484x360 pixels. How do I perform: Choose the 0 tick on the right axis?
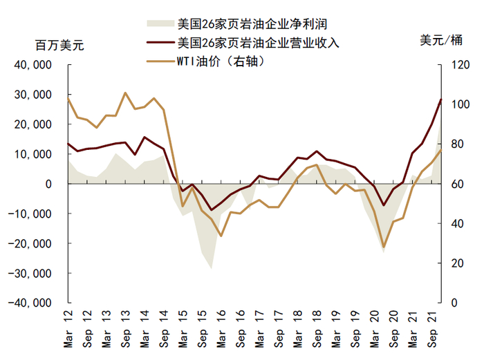coord(454,303)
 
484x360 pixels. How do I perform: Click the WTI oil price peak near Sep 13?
coord(125,93)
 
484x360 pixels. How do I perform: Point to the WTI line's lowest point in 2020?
coord(383,247)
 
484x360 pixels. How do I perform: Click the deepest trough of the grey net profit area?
coord(211,268)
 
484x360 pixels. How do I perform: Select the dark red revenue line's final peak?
coord(440,100)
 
